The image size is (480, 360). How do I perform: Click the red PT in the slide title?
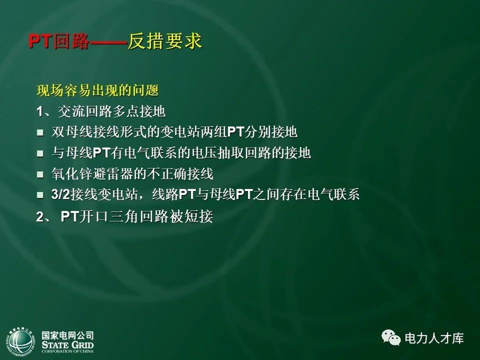click(x=40, y=42)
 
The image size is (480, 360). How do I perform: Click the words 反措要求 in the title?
click(x=164, y=42)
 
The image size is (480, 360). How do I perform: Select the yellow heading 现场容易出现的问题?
click(x=97, y=90)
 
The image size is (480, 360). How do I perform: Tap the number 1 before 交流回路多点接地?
click(x=39, y=111)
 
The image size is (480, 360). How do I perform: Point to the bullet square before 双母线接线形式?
click(x=40, y=133)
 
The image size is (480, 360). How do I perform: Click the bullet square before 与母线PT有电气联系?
click(x=40, y=154)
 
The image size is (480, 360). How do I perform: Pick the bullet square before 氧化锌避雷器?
click(x=40, y=175)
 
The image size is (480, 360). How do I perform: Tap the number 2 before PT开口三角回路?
click(x=39, y=217)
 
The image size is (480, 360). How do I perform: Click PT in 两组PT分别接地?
click(x=235, y=132)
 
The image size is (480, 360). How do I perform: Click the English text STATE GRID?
click(x=67, y=344)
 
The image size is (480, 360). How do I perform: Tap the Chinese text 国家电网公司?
click(x=67, y=335)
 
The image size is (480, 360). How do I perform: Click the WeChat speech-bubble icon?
click(x=391, y=338)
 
